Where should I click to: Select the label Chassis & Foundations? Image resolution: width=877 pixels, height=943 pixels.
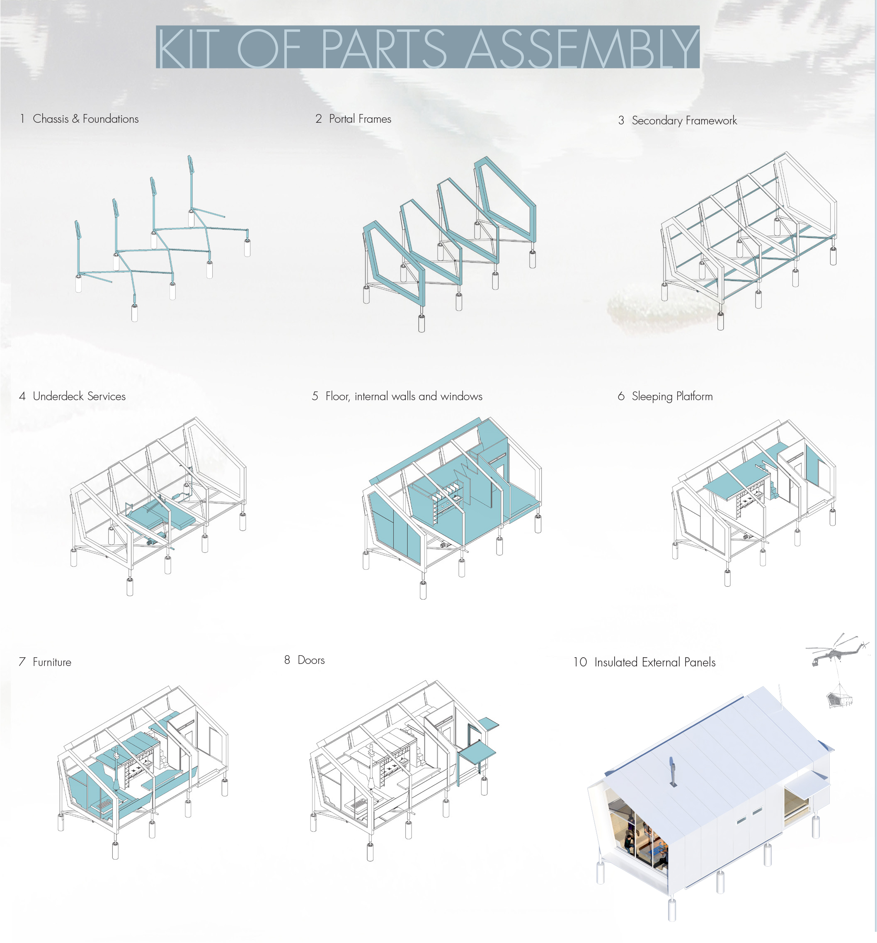[85, 119]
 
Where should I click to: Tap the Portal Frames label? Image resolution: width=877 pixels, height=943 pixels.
[360, 119]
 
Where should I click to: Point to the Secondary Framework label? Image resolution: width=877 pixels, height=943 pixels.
[684, 121]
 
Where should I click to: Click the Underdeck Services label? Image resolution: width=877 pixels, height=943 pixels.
[79, 396]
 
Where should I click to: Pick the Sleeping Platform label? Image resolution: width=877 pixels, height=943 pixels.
[672, 396]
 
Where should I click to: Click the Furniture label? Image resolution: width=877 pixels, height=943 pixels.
[52, 662]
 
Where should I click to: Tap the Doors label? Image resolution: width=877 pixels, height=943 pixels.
[311, 660]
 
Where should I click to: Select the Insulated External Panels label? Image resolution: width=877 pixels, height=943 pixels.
[655, 662]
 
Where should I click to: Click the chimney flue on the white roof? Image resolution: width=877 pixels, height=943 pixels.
[672, 771]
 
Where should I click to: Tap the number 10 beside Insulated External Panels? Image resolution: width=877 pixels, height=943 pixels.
[580, 662]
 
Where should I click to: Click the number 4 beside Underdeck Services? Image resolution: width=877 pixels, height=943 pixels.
[22, 396]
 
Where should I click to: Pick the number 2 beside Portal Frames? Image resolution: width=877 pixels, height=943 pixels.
[319, 119]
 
